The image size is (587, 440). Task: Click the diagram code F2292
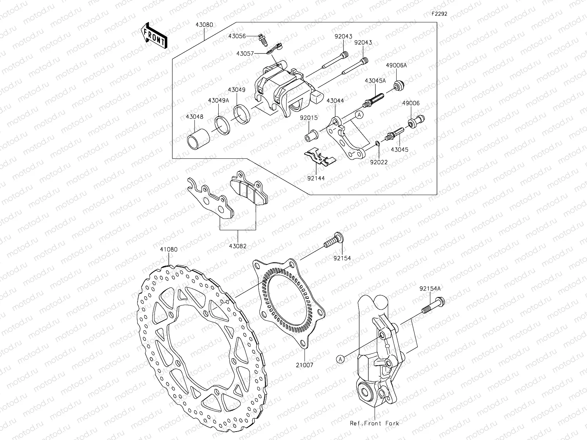point(439,14)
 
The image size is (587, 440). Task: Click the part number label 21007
point(305,365)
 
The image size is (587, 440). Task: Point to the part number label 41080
point(168,249)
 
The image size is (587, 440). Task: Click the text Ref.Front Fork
point(374,423)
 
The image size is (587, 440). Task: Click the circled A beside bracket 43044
point(360,115)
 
